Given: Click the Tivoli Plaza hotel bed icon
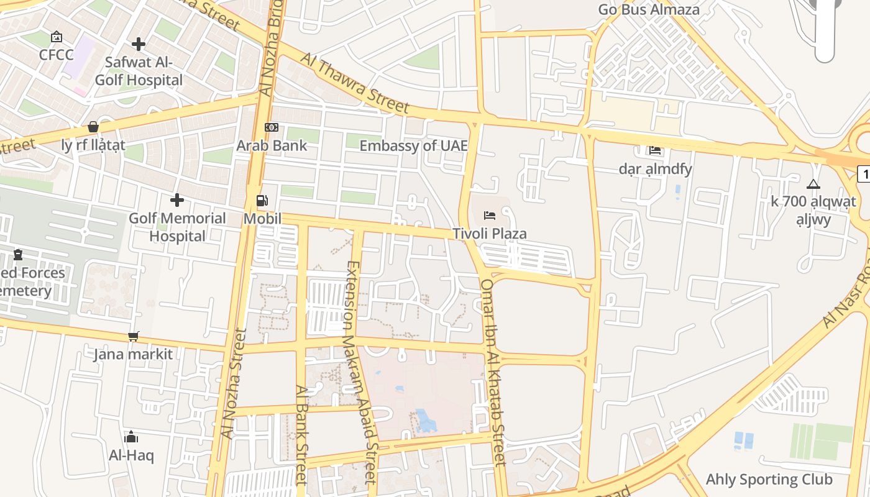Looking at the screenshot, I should coord(490,216).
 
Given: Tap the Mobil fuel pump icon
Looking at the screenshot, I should coord(262,201).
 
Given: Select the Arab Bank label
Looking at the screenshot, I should coord(272,145).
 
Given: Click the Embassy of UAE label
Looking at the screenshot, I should coord(413,145).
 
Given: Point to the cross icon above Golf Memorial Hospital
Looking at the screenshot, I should coord(177,200).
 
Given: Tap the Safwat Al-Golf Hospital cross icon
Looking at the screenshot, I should coord(139,44).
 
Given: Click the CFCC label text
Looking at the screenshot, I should coord(56,55).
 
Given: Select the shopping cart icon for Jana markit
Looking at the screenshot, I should coord(133,337).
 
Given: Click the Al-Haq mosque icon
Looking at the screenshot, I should coord(131,437).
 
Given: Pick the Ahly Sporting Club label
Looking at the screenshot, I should coord(769,479).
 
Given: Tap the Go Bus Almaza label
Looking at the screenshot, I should coord(648,9).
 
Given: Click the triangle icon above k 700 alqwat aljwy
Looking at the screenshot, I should coord(813,184).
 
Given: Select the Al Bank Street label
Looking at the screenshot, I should coord(301,435).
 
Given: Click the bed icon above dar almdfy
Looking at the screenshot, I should coord(655,150).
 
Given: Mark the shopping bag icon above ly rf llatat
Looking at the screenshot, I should coord(93,127).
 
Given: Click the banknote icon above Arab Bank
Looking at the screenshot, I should coord(272,127).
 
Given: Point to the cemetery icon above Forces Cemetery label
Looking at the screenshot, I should coord(18,255).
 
